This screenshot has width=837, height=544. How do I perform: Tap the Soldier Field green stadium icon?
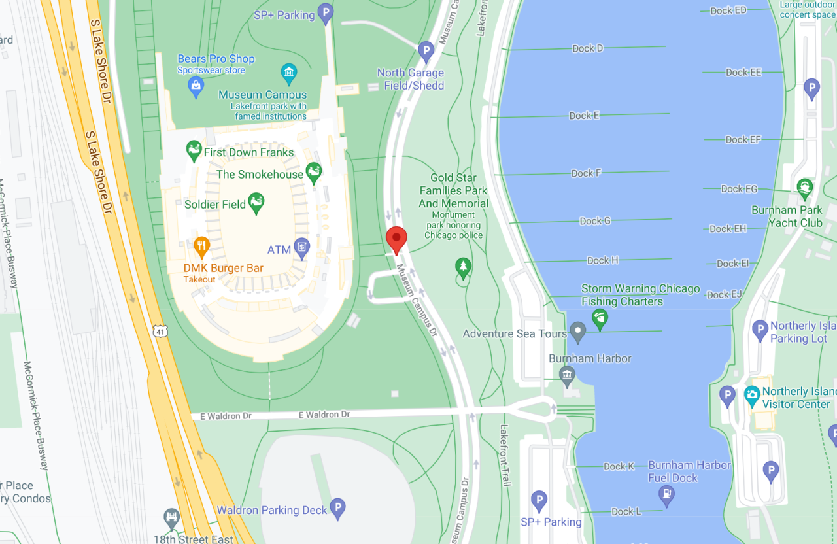point(256,203)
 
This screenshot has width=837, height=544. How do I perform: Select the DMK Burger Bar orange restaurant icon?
point(201,247)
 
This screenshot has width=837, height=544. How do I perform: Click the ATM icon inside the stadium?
point(301,247)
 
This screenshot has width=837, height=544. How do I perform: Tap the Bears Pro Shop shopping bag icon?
point(196,85)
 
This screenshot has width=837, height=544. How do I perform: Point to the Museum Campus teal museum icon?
point(288,71)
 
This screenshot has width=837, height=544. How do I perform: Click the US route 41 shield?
point(162,331)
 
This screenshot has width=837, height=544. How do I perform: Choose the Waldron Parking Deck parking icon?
point(337,507)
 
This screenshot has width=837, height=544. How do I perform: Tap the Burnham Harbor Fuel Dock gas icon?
point(666,495)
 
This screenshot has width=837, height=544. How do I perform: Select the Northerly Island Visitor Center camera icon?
point(752,395)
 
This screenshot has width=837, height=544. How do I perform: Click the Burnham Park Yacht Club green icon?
point(805,188)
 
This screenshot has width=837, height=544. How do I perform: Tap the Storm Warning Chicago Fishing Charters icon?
point(600,318)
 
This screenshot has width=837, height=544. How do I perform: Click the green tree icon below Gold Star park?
point(464,267)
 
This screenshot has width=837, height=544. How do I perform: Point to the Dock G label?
point(595,221)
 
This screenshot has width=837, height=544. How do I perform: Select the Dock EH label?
point(728,229)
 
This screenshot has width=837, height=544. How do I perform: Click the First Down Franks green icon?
point(194,151)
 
